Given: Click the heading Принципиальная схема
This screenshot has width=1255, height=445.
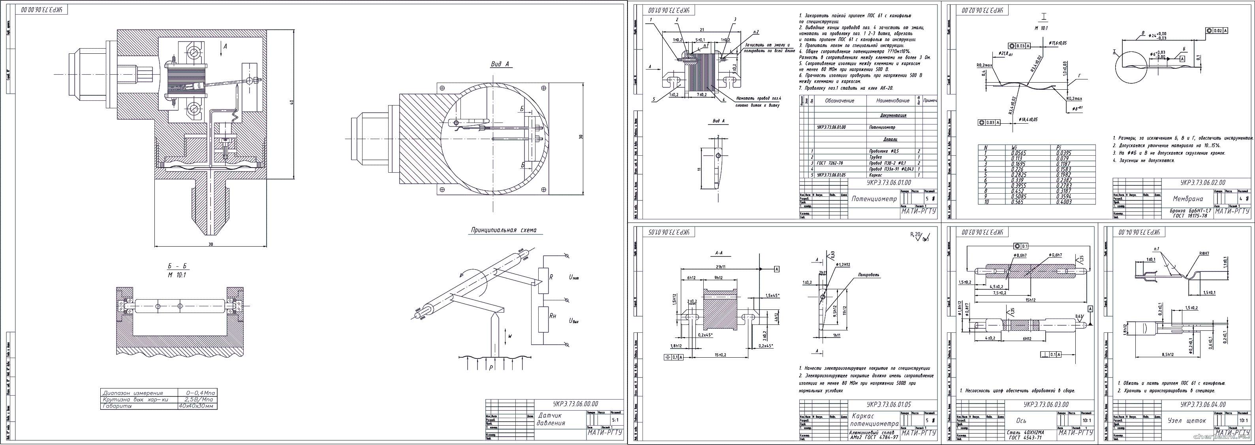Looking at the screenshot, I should [507, 230].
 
